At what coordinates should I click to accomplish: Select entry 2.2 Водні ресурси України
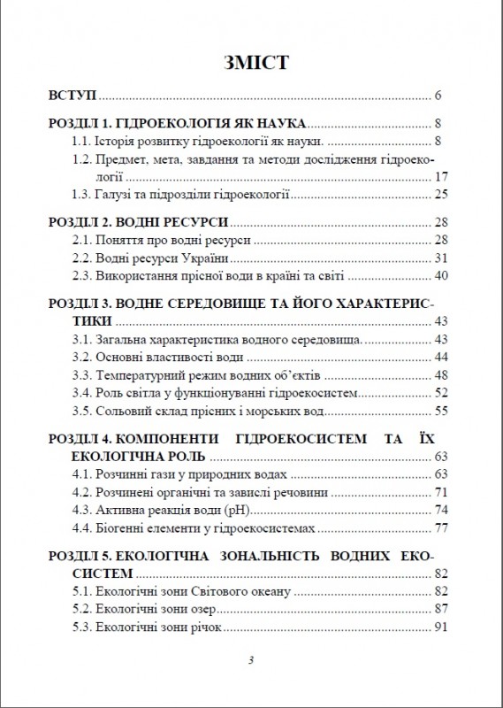156,258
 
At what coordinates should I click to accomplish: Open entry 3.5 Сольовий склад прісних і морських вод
198,410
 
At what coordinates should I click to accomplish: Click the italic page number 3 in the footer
251,661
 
